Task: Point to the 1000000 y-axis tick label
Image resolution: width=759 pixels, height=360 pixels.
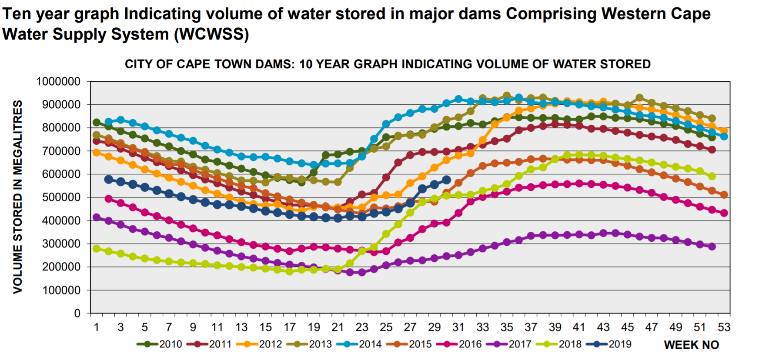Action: [58, 82]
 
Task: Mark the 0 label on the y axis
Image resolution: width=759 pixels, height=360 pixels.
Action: [77, 313]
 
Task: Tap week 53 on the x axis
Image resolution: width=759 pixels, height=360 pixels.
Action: [724, 327]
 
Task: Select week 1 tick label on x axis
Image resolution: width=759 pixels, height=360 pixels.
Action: [97, 327]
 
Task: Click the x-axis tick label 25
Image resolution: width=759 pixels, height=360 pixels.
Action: [386, 327]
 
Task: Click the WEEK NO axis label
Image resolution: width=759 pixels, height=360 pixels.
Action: [691, 345]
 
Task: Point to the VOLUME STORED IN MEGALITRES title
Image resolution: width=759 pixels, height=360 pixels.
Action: [17, 197]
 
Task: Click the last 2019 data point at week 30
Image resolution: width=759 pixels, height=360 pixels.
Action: [446, 180]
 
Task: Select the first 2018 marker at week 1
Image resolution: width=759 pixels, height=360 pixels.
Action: [97, 249]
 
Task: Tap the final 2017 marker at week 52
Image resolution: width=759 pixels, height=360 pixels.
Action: [712, 247]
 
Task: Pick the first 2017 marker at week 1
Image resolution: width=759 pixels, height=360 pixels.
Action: [97, 217]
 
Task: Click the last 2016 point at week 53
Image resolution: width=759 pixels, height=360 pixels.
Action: [724, 213]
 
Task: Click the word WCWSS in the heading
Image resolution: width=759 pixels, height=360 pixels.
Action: [211, 34]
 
